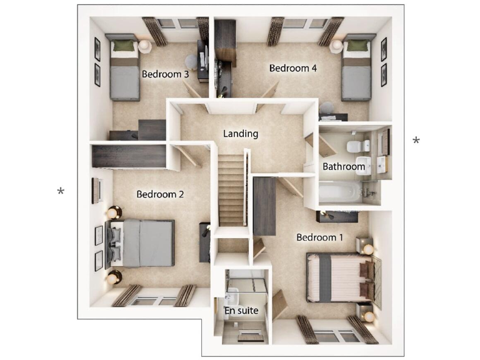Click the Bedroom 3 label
[165, 74]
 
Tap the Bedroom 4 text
[289, 68]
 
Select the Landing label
[241, 134]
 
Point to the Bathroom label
[344, 167]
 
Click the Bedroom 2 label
[160, 194]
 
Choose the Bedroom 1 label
[319, 237]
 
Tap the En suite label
[241, 310]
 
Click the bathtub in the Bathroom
[340, 192]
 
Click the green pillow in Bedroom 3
[126, 46]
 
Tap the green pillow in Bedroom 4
[357, 46]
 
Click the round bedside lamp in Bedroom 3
[145, 46]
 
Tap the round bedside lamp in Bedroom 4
[337, 46]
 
